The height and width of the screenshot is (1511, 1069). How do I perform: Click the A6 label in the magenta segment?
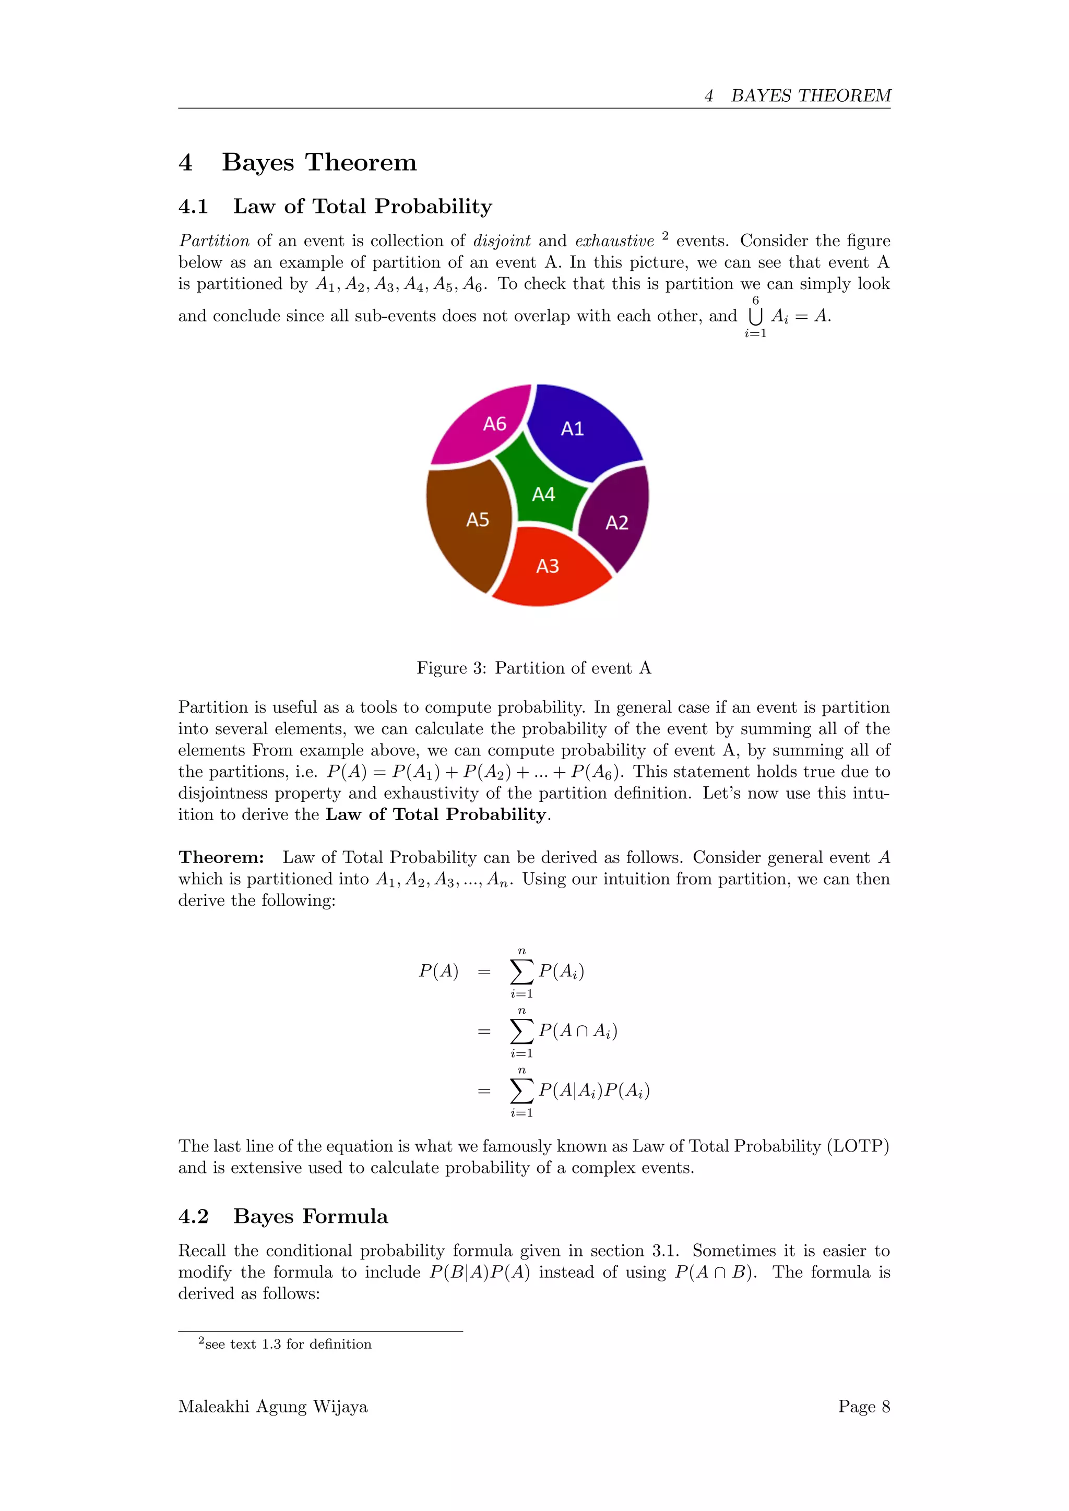coord(494,424)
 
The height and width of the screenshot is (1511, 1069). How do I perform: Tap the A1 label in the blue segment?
coord(572,429)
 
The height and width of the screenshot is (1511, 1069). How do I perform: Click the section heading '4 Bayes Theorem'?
coord(298,162)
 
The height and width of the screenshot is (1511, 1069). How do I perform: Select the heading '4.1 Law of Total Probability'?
coord(335,207)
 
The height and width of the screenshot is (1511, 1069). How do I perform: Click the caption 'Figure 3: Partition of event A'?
coord(534,668)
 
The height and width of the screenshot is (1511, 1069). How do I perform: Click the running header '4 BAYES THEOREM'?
coord(797,96)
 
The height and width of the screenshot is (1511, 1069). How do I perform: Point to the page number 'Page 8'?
coord(864,1406)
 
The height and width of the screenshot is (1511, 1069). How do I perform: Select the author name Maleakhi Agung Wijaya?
coord(272,1406)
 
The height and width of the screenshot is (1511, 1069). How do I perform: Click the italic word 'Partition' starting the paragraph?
coord(214,241)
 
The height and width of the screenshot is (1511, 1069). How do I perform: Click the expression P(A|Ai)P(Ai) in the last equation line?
coord(593,1091)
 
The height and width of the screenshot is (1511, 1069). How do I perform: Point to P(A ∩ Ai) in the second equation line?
coord(577,1031)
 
